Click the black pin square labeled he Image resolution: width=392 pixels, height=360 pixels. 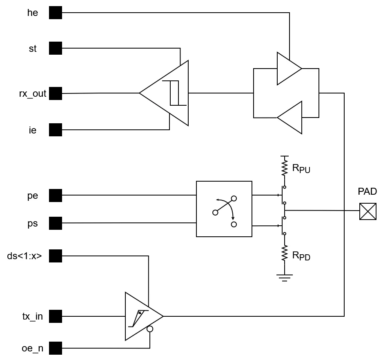tap(56, 13)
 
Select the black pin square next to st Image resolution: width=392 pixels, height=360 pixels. tap(56, 48)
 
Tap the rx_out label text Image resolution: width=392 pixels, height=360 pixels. tap(33, 94)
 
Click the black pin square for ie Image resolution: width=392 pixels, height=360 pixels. tap(56, 130)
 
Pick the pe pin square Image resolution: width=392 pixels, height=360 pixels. tap(56, 196)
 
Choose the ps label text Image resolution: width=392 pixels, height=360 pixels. tap(33, 223)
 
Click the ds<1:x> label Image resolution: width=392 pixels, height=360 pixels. tap(24, 256)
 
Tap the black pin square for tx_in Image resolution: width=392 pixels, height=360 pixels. tap(56, 316)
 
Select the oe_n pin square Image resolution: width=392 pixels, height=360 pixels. tap(56, 348)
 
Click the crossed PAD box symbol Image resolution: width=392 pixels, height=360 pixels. tap(368, 211)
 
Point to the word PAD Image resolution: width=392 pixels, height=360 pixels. tap(367, 191)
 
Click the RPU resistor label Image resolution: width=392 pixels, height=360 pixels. tap(301, 169)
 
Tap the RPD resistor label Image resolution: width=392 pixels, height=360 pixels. tap(301, 256)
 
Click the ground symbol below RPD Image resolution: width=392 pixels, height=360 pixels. tap(285, 278)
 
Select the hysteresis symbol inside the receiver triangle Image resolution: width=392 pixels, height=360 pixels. tap(174, 93)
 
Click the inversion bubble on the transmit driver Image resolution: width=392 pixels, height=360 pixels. tap(150, 329)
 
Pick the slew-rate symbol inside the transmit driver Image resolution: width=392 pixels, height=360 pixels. tap(138, 318)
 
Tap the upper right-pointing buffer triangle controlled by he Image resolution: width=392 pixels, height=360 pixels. tap(289, 69)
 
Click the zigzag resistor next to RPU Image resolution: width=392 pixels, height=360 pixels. tap(285, 167)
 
